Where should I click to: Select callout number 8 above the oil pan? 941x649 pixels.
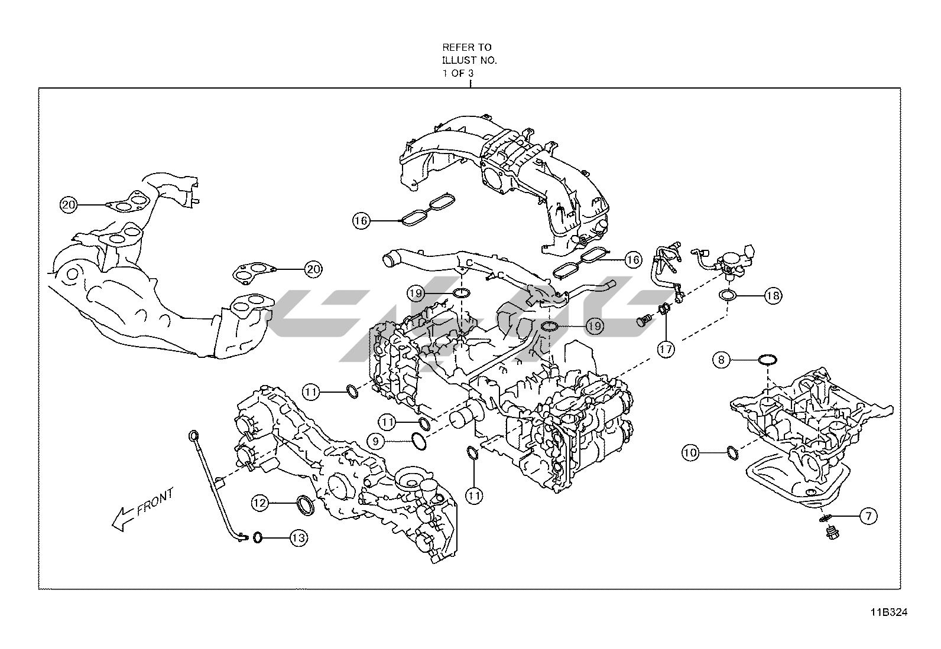tap(722, 359)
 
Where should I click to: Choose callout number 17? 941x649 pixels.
tap(666, 349)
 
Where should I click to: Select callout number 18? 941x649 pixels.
tap(773, 295)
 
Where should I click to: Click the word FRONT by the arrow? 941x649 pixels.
tap(155, 502)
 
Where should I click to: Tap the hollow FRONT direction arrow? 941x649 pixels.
tap(122, 518)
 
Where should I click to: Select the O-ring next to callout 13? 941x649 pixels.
tap(258, 537)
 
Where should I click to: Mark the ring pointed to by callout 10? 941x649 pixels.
tap(731, 453)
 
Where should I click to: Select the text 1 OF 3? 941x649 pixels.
tap(459, 74)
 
